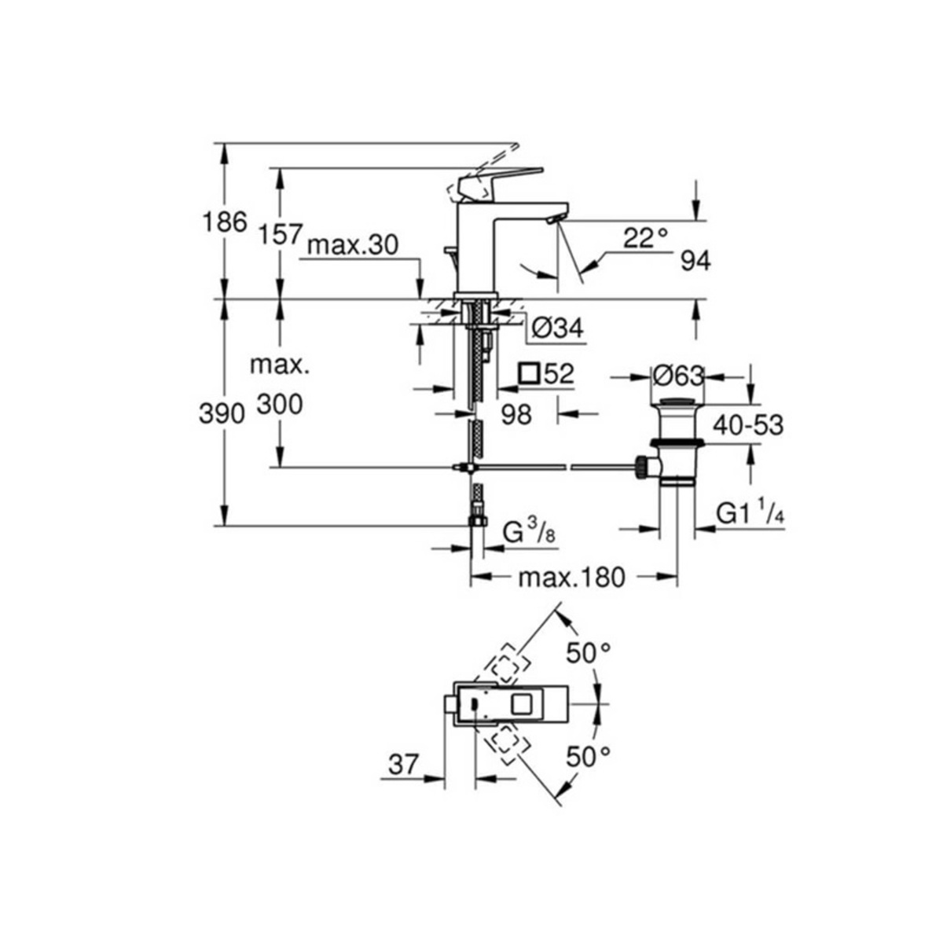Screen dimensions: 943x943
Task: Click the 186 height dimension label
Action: coord(225,222)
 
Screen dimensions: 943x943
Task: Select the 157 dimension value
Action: coord(280,233)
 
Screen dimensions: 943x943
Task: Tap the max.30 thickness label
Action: coord(353,246)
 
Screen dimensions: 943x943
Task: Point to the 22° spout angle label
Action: coord(645,238)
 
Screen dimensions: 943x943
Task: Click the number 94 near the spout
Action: coord(695,262)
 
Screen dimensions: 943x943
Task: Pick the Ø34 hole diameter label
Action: coord(557,328)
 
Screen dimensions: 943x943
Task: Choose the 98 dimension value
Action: coord(516,414)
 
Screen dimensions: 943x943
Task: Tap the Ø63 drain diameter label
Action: coord(678,376)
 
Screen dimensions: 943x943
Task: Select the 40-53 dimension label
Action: coord(748,425)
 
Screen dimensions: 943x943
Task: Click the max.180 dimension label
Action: coord(572,578)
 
